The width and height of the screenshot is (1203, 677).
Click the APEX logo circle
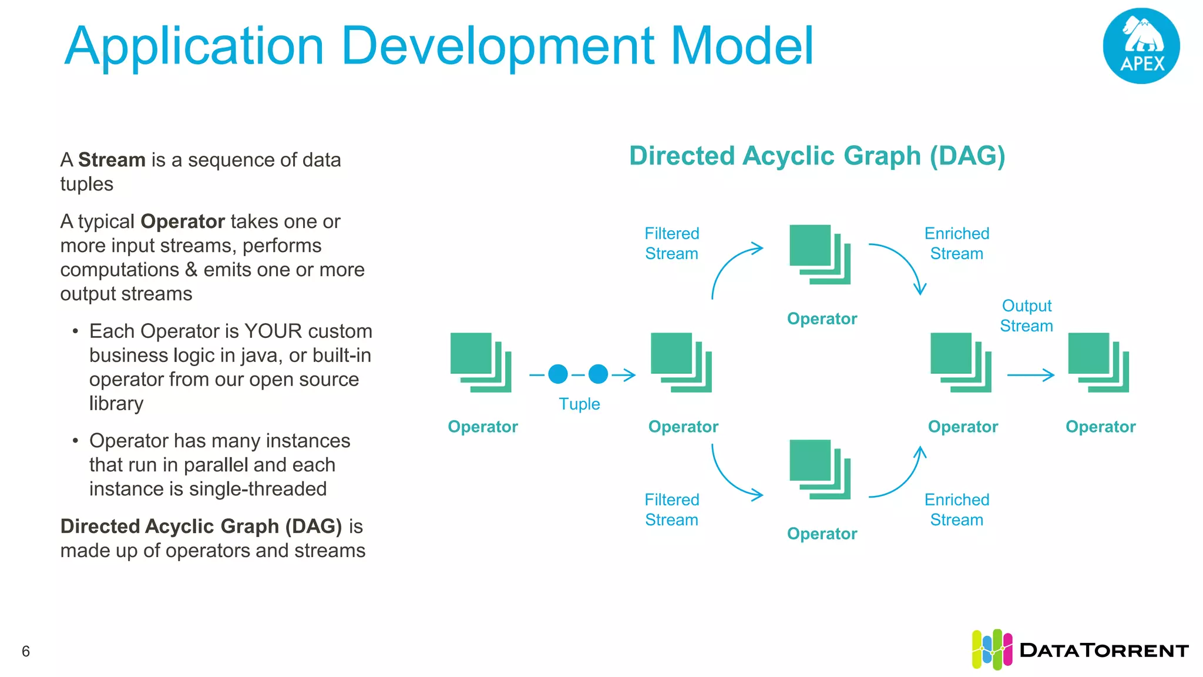tap(1141, 46)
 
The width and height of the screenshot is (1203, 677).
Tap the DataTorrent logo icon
tap(992, 649)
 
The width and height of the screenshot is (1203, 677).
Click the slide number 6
tap(26, 651)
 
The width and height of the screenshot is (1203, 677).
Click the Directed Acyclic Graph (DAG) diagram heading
tap(817, 156)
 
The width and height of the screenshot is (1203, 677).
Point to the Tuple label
tap(579, 404)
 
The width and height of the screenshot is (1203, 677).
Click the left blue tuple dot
tap(558, 374)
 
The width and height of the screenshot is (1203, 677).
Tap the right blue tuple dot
tap(598, 374)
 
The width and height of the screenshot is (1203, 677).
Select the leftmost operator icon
tap(480, 362)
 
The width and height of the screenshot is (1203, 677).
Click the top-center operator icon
tap(820, 254)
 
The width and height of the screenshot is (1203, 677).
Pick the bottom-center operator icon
tap(820, 469)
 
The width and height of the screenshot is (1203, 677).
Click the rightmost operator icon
tap(1098, 362)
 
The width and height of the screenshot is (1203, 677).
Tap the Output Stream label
tap(1026, 316)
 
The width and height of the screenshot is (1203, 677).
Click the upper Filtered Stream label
tap(671, 243)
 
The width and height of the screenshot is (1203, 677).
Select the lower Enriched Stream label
tap(956, 510)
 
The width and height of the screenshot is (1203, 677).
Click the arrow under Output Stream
tap(1031, 375)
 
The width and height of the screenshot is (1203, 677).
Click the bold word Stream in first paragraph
tap(112, 160)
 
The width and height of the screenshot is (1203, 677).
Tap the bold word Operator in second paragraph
tap(183, 222)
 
